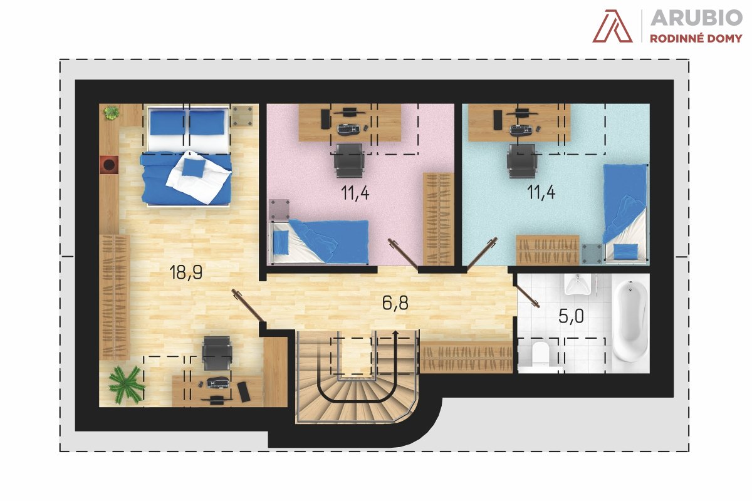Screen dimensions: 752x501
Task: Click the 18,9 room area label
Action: coord(186,272)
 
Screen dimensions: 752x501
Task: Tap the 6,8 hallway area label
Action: coord(395,302)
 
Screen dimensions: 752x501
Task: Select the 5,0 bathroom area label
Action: coord(571,316)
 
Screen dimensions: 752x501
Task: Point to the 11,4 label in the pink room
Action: coord(355,193)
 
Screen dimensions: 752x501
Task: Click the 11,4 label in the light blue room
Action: coord(541,192)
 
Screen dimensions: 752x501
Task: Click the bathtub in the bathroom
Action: coord(630,321)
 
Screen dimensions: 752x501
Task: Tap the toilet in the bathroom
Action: coord(540,354)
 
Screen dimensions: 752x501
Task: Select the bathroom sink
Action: coord(578,284)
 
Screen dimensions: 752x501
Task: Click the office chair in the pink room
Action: coord(349,160)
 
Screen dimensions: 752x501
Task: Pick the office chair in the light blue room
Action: coord(522,161)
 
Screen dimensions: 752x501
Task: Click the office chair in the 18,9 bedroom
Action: coord(217,354)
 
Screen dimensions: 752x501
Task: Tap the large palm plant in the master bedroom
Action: coord(126,385)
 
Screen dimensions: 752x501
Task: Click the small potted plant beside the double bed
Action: coord(111,113)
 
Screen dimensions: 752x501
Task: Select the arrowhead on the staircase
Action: coord(396,333)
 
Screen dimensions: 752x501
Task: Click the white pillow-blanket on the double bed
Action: coord(199,177)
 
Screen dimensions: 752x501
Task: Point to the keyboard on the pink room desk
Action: coord(349,130)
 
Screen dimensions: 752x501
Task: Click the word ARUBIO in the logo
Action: coord(696,18)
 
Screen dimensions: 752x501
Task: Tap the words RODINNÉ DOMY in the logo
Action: coord(696,39)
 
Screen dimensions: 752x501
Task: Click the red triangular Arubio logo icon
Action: coord(612,26)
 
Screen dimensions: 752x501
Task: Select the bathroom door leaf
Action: coord(528,297)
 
